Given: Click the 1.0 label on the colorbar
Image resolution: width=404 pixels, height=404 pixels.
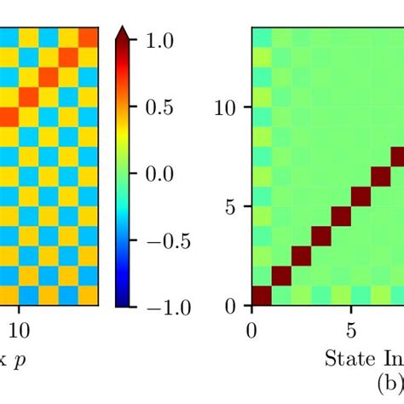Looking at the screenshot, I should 170,40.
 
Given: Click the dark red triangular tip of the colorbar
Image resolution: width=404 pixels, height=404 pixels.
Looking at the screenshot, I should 122,32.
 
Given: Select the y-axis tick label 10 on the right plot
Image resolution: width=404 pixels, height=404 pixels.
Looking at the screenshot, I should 228,107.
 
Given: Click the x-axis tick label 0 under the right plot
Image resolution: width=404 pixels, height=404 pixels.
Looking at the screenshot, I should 251,329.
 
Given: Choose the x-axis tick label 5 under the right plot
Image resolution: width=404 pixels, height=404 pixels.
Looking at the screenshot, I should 351,329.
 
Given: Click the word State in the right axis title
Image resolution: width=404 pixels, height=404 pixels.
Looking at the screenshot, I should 345,358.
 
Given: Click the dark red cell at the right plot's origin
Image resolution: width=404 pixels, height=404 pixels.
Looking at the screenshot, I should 262,296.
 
